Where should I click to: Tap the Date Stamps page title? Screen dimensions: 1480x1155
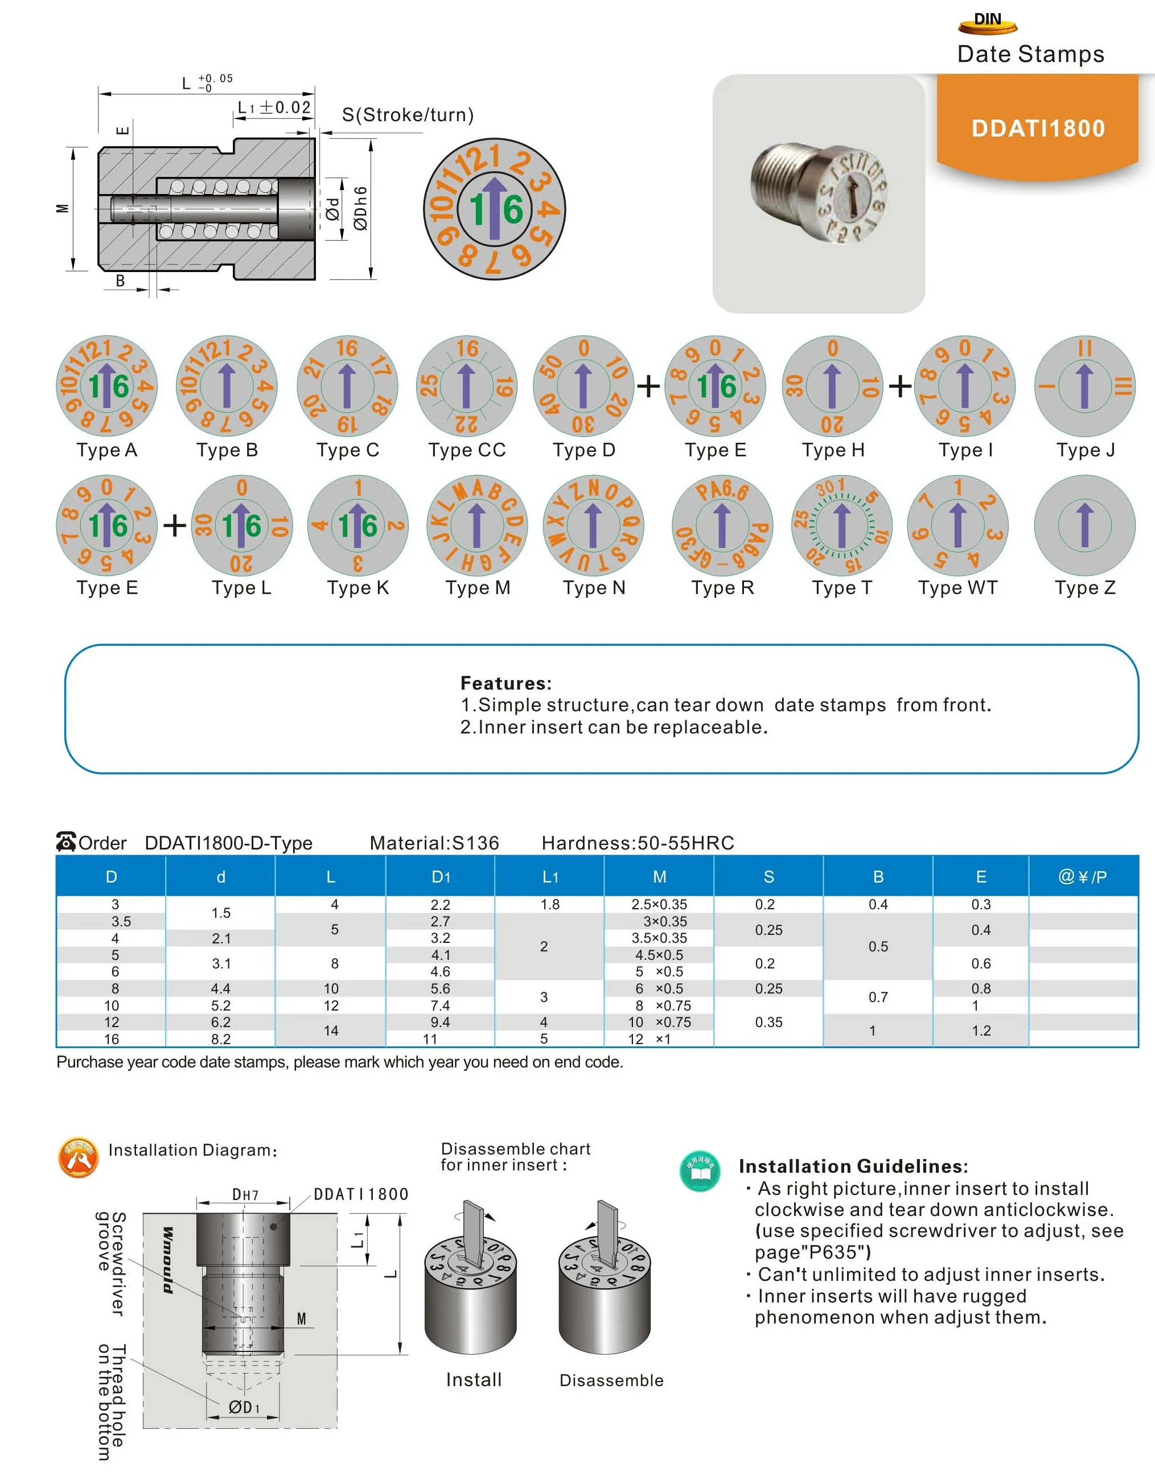point(1030,54)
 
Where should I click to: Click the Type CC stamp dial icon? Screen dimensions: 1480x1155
point(466,386)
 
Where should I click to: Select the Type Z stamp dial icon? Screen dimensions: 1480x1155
point(1084,525)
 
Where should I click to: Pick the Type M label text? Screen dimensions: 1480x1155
point(477,588)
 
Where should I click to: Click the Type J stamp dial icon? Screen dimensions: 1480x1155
point(1084,386)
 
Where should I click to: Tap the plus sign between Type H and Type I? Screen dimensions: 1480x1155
point(899,386)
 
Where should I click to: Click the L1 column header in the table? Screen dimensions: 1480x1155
point(550,877)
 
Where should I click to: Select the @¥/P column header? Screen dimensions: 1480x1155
point(1083,877)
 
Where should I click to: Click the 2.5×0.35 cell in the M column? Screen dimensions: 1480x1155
point(659,905)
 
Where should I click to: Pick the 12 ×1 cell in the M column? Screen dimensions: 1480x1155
point(649,1039)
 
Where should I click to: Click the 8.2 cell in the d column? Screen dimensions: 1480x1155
point(220,1039)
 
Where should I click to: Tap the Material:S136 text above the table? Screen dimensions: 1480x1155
point(434,843)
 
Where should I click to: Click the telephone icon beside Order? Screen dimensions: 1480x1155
point(66,842)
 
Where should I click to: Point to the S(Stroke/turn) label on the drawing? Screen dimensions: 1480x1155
point(408,114)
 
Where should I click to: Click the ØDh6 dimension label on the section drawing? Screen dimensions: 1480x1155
point(360,209)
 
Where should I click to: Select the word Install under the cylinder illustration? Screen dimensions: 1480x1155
point(474,1380)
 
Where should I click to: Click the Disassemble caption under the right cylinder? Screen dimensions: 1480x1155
point(611,1380)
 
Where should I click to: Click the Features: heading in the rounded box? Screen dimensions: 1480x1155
point(505,683)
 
